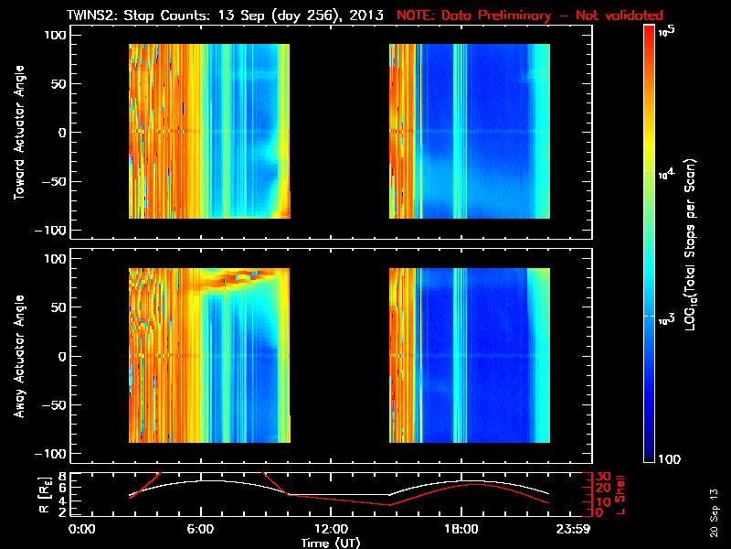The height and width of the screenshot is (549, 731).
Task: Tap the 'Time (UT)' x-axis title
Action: click(331, 543)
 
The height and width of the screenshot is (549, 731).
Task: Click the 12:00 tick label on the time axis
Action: click(331, 529)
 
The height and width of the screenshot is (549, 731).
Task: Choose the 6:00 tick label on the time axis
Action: click(200, 529)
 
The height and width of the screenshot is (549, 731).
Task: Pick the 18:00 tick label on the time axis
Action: click(461, 529)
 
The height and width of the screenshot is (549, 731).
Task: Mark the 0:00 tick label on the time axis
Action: click(82, 529)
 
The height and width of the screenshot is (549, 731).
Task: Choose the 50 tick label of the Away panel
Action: click(55, 307)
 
